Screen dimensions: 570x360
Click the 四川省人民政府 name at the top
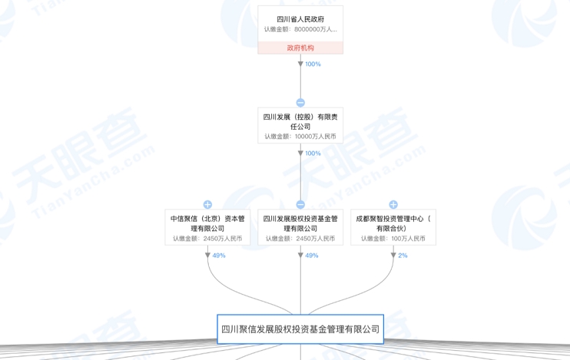(x=300, y=19)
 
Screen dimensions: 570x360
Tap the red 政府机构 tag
(x=300, y=48)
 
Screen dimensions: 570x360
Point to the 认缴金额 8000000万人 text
(x=300, y=30)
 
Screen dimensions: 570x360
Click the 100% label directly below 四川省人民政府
(x=313, y=64)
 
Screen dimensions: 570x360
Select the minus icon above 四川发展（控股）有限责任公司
(x=300, y=102)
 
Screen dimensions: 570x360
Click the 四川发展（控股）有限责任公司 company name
(x=300, y=121)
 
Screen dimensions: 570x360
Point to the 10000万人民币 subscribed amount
(x=300, y=137)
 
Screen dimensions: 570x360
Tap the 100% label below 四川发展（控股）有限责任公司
(x=313, y=154)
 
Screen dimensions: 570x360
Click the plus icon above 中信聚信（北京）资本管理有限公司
(x=207, y=205)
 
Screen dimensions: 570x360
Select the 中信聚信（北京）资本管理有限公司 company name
(x=207, y=223)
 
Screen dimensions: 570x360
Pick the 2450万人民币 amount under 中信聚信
(x=207, y=239)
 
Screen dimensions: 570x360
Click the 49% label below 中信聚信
(x=219, y=256)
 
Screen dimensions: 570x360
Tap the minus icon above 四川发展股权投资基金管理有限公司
(x=300, y=205)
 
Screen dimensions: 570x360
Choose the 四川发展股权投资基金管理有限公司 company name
(x=300, y=223)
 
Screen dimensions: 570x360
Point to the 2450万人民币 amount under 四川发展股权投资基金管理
(x=300, y=239)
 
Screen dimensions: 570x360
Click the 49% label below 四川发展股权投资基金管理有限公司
(x=311, y=256)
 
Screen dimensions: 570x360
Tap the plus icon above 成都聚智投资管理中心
(x=393, y=205)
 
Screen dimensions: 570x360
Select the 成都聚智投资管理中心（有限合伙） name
(x=393, y=223)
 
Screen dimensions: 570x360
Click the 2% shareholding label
(x=403, y=256)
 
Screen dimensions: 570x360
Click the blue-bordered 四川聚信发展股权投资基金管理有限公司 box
(x=300, y=329)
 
